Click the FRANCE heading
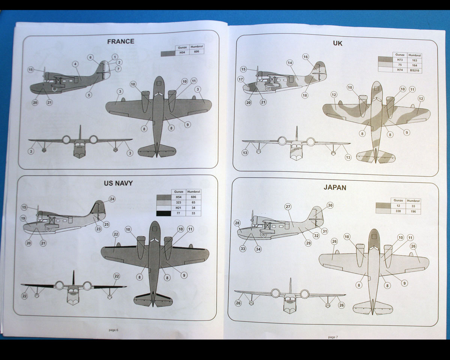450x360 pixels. [x=120, y=41]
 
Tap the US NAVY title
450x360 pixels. [x=118, y=183]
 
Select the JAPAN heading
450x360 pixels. [x=335, y=187]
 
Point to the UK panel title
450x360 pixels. [x=337, y=43]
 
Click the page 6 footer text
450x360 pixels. [x=113, y=330]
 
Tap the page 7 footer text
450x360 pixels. [x=333, y=337]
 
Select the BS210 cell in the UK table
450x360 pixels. [x=414, y=70]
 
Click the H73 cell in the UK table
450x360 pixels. [x=400, y=60]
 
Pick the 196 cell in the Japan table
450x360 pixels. [x=413, y=211]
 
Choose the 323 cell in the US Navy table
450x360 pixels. [x=178, y=202]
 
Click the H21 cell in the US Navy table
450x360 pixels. [x=178, y=208]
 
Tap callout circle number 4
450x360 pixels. [x=75, y=64]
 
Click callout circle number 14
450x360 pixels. [x=290, y=63]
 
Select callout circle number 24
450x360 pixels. [x=112, y=199]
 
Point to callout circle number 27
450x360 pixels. [x=288, y=207]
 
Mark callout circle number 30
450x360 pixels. [x=330, y=205]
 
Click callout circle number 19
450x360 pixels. [x=23, y=218]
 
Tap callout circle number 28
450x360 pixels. [x=237, y=223]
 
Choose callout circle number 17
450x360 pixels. [x=241, y=79]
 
